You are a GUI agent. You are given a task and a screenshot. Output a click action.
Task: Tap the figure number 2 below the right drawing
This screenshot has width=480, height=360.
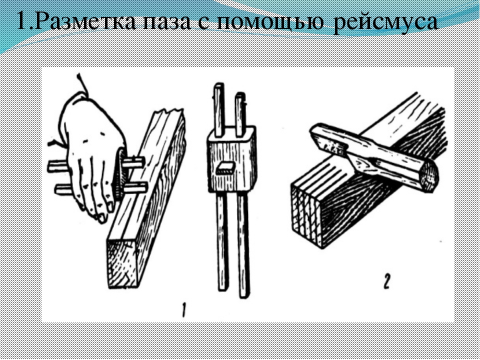tap(386, 282)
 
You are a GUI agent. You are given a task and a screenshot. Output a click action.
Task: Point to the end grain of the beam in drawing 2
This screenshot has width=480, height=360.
tap(306, 212)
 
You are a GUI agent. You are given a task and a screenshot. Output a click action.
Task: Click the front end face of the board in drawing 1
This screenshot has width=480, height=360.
tap(122, 264)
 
